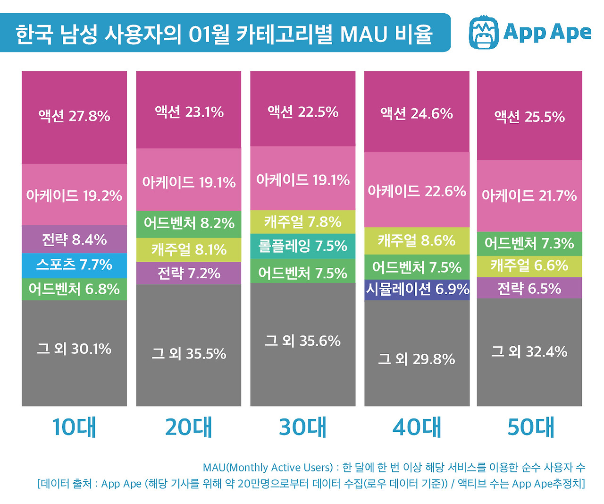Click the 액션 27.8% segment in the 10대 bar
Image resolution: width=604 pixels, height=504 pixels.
[x=74, y=117]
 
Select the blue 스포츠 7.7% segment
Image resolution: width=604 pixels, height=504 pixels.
[x=74, y=265]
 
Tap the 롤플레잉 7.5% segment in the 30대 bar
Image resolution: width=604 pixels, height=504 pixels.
[x=302, y=246]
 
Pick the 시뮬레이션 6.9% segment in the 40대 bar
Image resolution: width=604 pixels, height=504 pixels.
[x=417, y=289]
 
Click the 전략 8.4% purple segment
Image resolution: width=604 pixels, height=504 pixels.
[x=74, y=239]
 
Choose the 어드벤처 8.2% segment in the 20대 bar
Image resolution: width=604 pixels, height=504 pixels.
[x=189, y=223]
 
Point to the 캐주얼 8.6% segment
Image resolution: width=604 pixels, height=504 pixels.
[x=417, y=241]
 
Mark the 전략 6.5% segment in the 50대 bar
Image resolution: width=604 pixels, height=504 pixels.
[x=529, y=288]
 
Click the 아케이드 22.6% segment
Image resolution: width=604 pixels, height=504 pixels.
[x=417, y=191]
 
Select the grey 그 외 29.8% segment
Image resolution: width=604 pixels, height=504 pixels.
[x=417, y=359]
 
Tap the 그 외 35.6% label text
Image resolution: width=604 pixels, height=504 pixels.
[x=302, y=341]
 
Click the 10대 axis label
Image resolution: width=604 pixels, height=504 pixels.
[x=74, y=427]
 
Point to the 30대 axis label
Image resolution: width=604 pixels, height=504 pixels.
[x=302, y=427]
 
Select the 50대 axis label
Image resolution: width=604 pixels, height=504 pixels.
[x=530, y=427]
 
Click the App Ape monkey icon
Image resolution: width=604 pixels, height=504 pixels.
[x=484, y=32]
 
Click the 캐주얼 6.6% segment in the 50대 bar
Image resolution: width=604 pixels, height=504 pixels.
[x=529, y=265]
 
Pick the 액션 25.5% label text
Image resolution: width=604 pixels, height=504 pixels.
[x=529, y=117]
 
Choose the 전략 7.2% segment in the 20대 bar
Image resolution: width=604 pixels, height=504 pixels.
[x=189, y=273]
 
